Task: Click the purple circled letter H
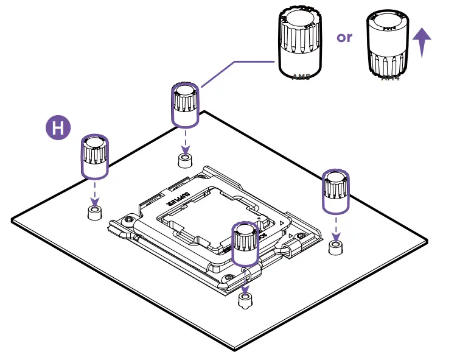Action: click(x=58, y=128)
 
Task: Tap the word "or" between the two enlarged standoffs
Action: click(x=344, y=37)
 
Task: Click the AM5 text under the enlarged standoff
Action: click(x=301, y=77)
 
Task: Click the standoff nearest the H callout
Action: click(x=95, y=156)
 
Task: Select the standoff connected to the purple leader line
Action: click(x=185, y=105)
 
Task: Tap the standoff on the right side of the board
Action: click(x=335, y=191)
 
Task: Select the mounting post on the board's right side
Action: click(x=335, y=247)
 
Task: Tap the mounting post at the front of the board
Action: click(x=245, y=300)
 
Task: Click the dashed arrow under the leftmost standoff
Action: click(x=94, y=193)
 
